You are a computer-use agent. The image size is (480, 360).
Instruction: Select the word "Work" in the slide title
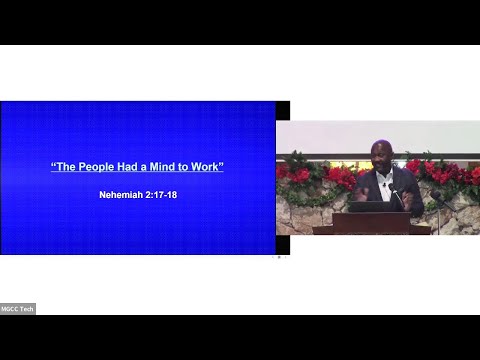(x=207, y=166)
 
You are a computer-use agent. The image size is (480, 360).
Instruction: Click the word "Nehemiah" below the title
(x=122, y=195)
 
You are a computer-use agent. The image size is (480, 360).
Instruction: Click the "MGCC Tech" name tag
(x=18, y=308)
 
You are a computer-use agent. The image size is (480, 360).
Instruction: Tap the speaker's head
(x=380, y=154)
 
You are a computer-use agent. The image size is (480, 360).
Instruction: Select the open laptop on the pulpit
(x=371, y=207)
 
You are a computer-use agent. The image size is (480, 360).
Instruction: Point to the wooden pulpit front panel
(x=371, y=224)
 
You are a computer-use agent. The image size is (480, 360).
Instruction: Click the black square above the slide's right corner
(x=283, y=110)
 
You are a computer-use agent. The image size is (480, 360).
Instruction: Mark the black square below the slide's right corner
(x=283, y=244)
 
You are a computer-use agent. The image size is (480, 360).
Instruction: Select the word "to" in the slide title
(x=185, y=166)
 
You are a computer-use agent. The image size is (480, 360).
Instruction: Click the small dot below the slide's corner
(x=279, y=257)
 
